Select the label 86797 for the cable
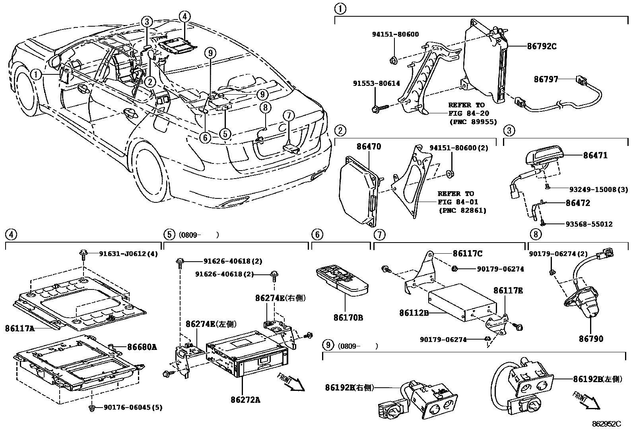click(546, 80)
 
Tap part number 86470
click(368, 146)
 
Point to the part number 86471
click(595, 155)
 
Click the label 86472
click(578, 203)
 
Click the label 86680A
click(142, 347)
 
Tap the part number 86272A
click(245, 400)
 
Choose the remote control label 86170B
click(348, 318)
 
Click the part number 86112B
click(414, 313)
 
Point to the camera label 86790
click(591, 339)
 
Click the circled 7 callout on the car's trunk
click(289, 116)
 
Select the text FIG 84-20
click(466, 113)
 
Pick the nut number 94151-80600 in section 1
click(395, 35)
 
